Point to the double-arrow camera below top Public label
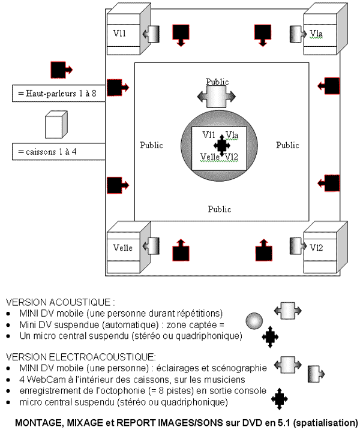point(217,95)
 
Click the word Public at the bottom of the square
point(220,209)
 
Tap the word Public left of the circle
point(151,145)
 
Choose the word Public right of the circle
point(287,145)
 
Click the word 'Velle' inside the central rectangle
point(210,157)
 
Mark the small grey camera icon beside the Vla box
point(296,32)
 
